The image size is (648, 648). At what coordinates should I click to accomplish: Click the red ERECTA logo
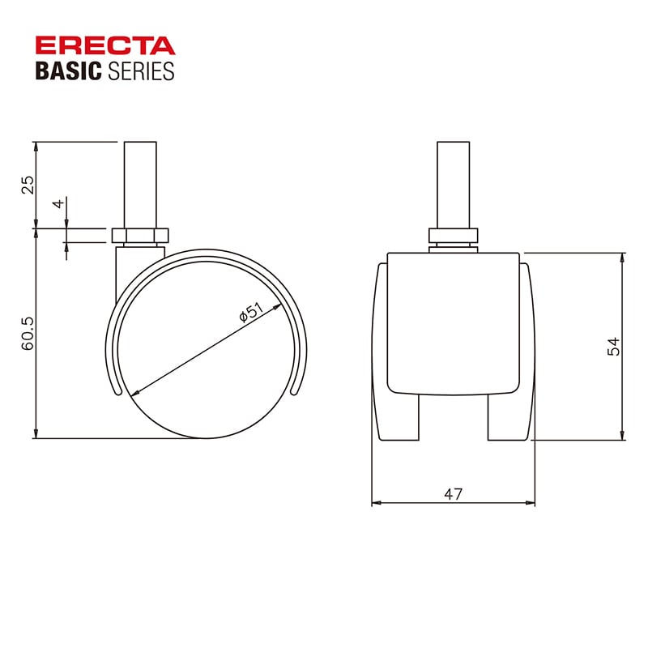pos(105,45)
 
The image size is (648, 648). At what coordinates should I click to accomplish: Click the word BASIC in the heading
pos(69,70)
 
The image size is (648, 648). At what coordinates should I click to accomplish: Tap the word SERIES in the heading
pos(141,70)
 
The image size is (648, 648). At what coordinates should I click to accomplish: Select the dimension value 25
pos(28,185)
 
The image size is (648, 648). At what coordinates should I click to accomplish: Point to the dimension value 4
pos(58,203)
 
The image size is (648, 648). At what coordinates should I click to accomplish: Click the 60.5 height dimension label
pos(28,334)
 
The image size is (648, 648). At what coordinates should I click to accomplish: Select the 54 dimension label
pos(614,347)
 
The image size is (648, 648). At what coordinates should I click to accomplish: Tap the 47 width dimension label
pos(454,494)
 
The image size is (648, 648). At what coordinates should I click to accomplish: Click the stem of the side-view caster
pos(140,185)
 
